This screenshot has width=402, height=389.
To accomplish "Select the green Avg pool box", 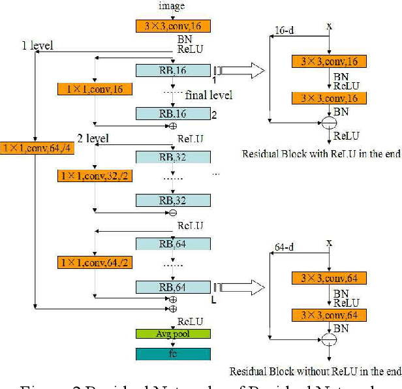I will click(x=173, y=334).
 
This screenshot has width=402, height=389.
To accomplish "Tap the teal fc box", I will click(x=173, y=354).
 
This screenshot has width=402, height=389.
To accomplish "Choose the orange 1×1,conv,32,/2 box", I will click(x=95, y=176).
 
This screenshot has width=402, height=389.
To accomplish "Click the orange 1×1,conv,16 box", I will click(x=95, y=89).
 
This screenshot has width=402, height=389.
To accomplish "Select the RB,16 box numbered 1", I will click(x=173, y=70).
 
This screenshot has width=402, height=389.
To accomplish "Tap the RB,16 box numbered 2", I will click(x=173, y=114).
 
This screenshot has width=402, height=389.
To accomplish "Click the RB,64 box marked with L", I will click(x=173, y=287).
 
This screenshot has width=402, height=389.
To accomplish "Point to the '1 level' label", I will click(x=39, y=46).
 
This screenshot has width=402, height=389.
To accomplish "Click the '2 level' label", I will click(x=93, y=138).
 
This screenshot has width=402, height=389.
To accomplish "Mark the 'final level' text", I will click(x=209, y=95).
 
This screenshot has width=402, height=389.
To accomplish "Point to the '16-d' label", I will click(x=284, y=30).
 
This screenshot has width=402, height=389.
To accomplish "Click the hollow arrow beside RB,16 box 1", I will click(x=241, y=70).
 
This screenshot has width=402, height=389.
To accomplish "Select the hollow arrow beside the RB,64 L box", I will click(x=241, y=287).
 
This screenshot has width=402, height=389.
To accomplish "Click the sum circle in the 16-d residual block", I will click(x=330, y=122).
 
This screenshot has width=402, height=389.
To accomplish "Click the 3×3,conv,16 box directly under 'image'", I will click(x=173, y=26).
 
